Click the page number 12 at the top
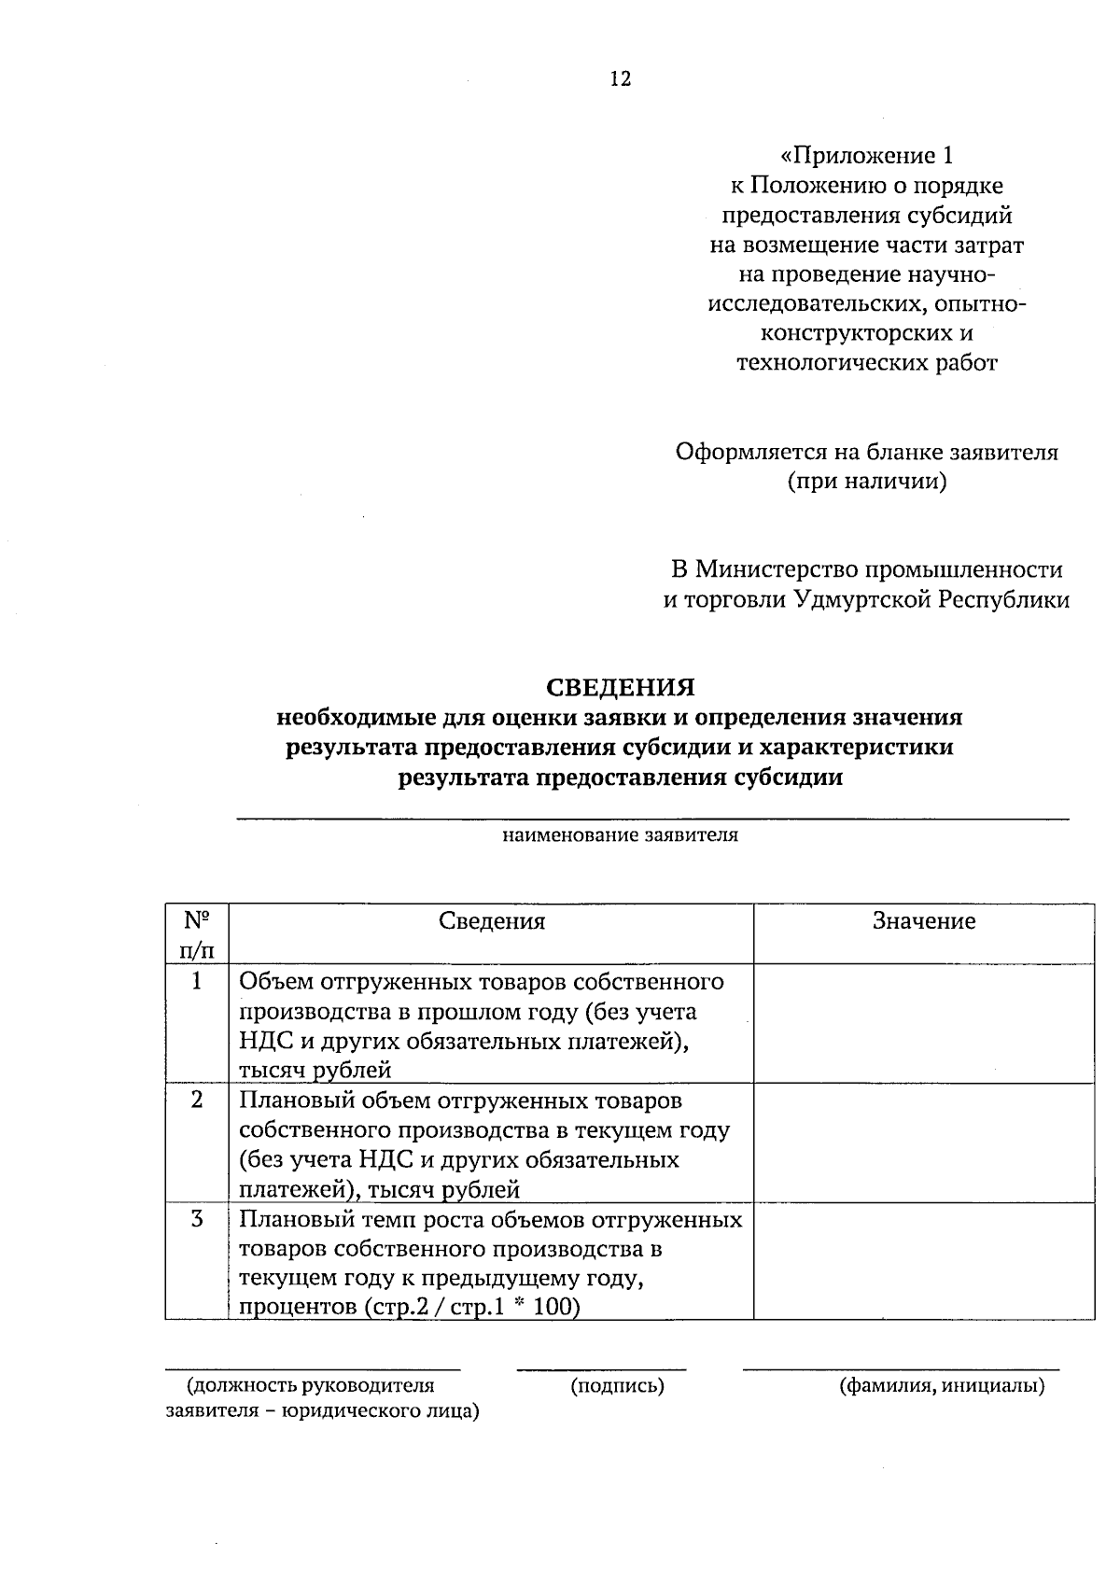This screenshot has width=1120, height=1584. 621,79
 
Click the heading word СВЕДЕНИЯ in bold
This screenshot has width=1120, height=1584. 621,688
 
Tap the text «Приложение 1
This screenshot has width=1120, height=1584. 867,155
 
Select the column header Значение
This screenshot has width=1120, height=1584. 923,922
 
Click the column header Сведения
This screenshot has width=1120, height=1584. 492,922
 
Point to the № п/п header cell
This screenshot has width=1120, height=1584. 197,934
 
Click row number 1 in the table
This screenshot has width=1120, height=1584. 197,981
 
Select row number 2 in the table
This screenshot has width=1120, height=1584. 197,1100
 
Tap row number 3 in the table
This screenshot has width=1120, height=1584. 197,1219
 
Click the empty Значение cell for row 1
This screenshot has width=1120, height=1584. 923,1024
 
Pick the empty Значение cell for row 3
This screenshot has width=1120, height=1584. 923,1261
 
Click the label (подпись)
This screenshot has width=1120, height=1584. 617,1386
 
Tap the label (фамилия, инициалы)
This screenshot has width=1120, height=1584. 942,1386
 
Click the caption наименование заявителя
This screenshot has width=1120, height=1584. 621,835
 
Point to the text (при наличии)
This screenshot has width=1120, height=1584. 867,483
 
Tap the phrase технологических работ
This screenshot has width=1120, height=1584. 867,363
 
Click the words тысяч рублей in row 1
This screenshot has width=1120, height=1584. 315,1071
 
